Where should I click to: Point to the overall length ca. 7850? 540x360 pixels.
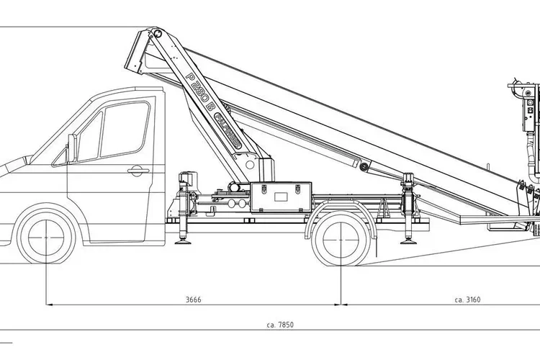click(x=279, y=325)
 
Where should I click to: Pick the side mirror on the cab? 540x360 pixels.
click(x=72, y=148)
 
